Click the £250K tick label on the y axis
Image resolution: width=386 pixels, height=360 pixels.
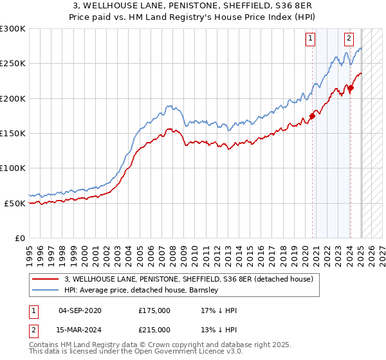click(x=13, y=64)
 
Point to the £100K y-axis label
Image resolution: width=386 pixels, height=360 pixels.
click(x=13, y=168)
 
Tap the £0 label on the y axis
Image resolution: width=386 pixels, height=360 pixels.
click(x=19, y=238)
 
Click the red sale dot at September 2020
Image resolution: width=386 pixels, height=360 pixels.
click(x=312, y=116)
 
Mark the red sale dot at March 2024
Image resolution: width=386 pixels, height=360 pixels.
click(x=351, y=88)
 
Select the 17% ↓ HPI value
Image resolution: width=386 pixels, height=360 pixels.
click(x=219, y=310)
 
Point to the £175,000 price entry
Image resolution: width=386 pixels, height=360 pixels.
click(x=154, y=310)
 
